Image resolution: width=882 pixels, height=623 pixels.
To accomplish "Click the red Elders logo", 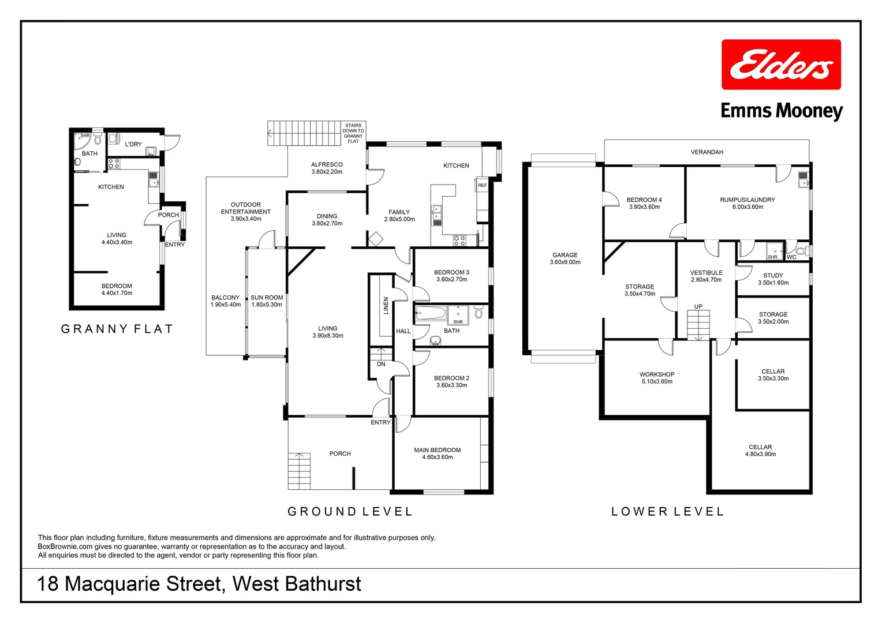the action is [x=781, y=65].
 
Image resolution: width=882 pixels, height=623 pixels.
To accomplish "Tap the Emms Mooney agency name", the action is [x=782, y=110].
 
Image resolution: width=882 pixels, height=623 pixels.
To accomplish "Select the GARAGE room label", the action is [x=565, y=255].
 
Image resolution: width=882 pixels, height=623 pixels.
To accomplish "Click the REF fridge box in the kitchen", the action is [x=483, y=185].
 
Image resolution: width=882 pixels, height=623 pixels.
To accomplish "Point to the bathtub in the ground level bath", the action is [x=431, y=313].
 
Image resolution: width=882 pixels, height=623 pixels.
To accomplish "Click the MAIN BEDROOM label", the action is [x=437, y=450].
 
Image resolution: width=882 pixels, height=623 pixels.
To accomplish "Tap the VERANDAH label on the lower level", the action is [x=707, y=152].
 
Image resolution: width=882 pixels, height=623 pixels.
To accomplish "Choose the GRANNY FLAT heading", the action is [x=117, y=329].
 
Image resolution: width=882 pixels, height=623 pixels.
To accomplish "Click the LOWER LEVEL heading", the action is [x=667, y=512].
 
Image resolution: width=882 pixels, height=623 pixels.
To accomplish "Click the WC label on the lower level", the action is [x=791, y=257].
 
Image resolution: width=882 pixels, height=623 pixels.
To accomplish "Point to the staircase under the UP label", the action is [x=698, y=325].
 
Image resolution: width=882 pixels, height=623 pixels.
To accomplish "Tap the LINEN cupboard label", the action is [x=386, y=306].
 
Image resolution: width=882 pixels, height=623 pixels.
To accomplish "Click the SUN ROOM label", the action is [x=267, y=298].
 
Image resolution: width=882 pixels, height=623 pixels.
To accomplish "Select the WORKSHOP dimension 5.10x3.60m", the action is [x=657, y=381].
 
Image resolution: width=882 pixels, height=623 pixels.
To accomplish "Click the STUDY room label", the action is [x=773, y=276].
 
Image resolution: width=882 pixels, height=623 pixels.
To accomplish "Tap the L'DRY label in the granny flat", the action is [x=133, y=144].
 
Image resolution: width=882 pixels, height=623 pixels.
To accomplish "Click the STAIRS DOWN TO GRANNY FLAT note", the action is [x=353, y=133].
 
